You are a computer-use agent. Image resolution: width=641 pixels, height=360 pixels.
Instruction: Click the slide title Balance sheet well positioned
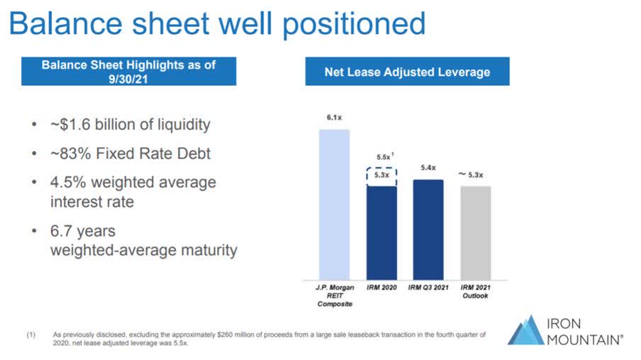[x=217, y=23]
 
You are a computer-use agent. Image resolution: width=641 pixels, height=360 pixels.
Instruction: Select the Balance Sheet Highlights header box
[x=128, y=71]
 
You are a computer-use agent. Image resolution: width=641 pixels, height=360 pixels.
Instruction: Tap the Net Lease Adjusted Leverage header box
[x=407, y=72]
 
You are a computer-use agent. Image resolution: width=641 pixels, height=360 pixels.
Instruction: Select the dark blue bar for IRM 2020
[x=381, y=232]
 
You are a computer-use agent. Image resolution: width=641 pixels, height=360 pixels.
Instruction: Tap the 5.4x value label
[x=428, y=168]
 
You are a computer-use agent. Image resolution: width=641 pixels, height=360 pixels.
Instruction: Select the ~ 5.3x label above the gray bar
[x=474, y=174]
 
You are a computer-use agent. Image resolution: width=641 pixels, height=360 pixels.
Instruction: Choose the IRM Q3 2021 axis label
[x=428, y=288]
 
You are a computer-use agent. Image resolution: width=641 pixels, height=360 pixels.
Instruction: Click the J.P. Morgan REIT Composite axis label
[x=335, y=296]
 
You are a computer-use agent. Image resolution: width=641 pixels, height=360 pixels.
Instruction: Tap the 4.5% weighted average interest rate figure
[x=66, y=182]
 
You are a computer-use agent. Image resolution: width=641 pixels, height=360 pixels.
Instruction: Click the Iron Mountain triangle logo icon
[x=525, y=329]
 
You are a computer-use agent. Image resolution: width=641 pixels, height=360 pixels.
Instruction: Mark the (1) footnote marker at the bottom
[x=30, y=334]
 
